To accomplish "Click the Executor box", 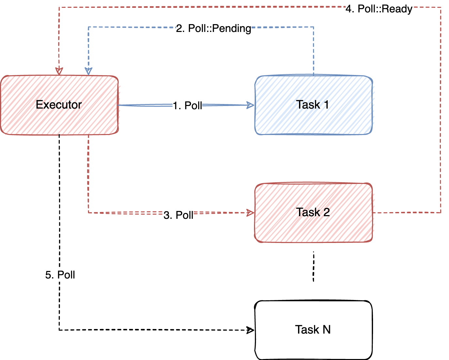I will click(59, 105).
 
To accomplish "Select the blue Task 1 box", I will click(313, 105).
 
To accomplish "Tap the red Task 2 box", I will click(313, 213).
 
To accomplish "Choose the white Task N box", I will click(313, 330).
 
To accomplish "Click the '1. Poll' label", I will click(187, 106).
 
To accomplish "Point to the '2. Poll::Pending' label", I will click(214, 28).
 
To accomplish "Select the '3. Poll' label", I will click(178, 215).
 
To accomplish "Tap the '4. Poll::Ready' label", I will click(379, 9).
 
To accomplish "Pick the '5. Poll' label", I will click(60, 275).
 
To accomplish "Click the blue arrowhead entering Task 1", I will click(251, 105).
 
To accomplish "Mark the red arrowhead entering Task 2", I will click(251, 213).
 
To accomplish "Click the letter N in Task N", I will click(326, 330).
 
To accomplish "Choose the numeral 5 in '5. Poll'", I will click(48, 275).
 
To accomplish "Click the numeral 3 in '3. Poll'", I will click(167, 215).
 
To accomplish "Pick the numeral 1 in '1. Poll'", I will click(175, 106).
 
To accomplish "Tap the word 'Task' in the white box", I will click(307, 330).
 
